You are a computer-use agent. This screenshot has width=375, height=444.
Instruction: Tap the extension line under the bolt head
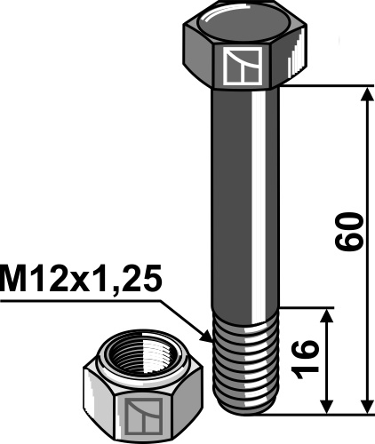[x=320, y=86]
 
